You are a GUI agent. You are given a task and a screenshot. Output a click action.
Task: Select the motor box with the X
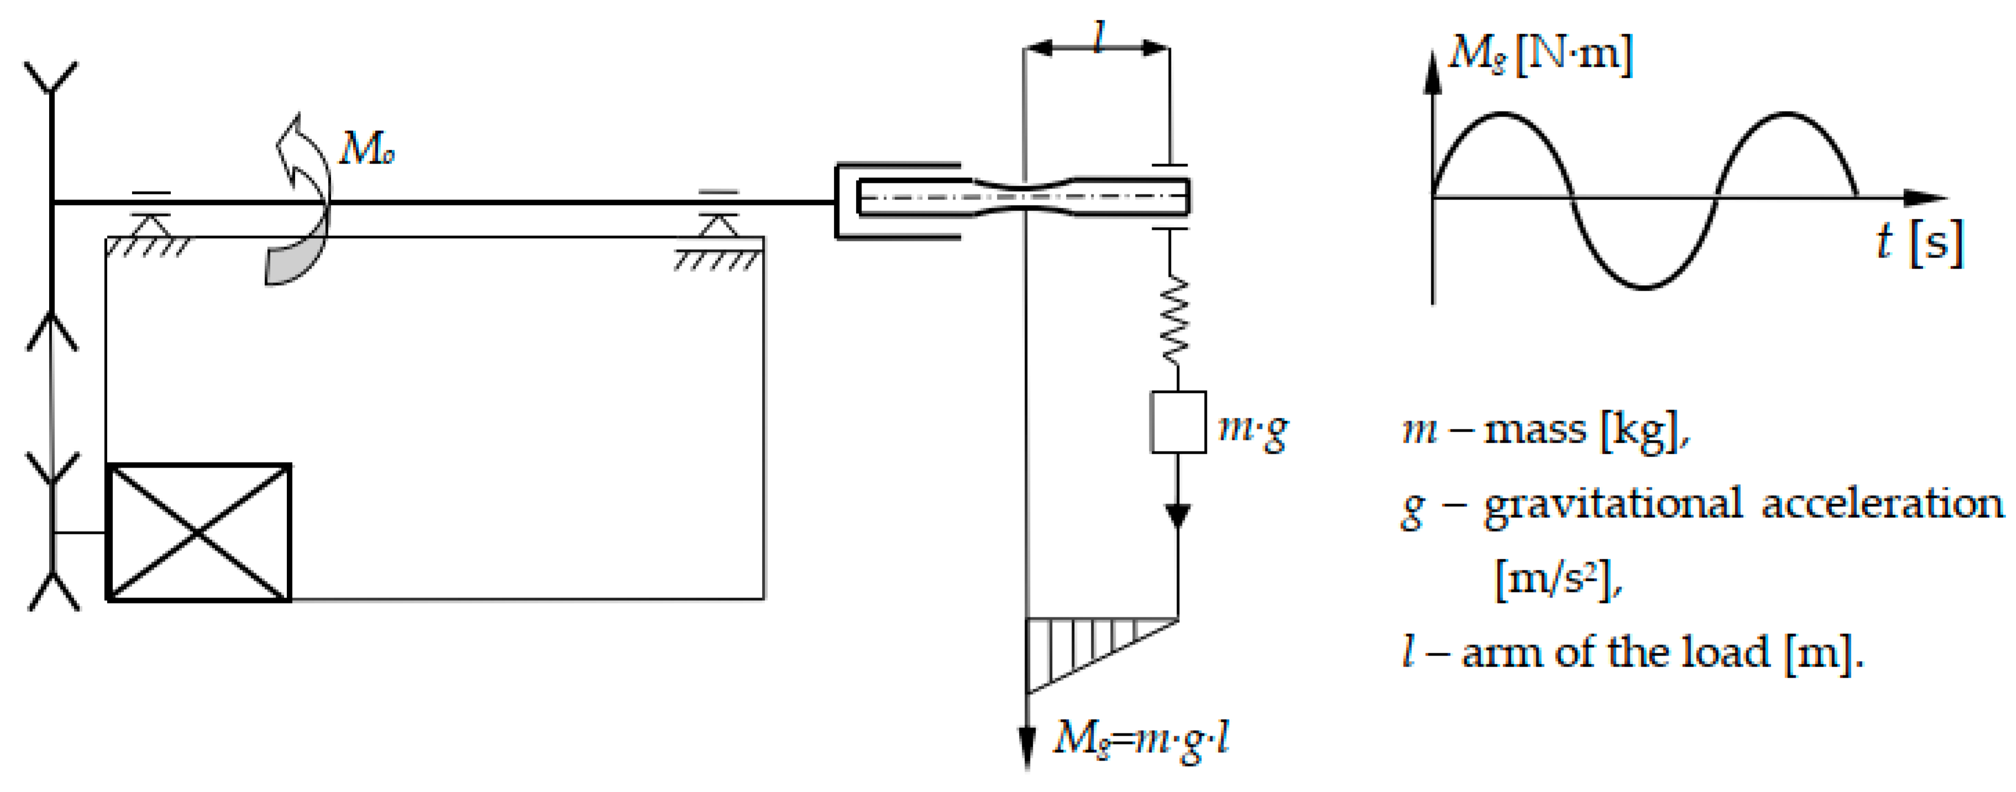pyautogui.click(x=199, y=532)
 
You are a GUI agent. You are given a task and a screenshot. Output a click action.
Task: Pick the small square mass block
pyautogui.click(x=1178, y=423)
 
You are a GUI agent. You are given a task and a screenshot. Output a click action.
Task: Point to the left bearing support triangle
pyautogui.click(x=150, y=225)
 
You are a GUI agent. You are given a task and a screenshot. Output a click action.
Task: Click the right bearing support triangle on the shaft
pyautogui.click(x=718, y=225)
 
